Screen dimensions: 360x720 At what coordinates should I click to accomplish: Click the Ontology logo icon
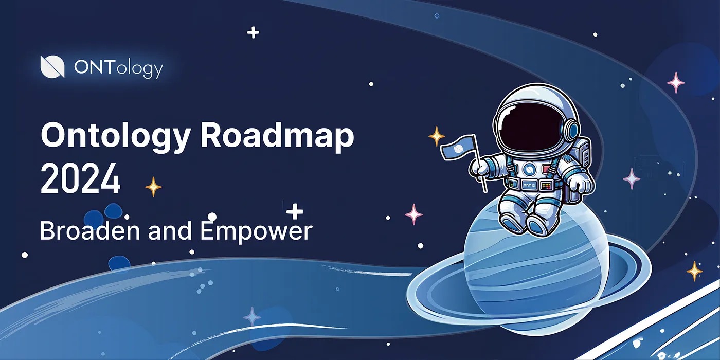[52, 67]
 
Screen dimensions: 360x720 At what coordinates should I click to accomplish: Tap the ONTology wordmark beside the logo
[118, 68]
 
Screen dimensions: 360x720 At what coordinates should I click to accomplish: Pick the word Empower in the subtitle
[256, 231]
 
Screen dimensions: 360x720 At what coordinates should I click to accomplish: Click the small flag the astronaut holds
[457, 150]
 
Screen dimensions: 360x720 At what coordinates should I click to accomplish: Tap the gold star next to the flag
[437, 136]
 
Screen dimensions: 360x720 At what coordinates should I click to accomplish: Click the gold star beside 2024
[153, 187]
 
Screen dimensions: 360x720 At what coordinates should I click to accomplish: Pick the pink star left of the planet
[413, 214]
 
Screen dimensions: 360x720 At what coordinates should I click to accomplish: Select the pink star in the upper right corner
[675, 82]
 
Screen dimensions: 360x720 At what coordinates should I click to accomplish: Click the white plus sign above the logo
[253, 33]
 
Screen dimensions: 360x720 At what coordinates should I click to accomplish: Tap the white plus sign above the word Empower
[294, 211]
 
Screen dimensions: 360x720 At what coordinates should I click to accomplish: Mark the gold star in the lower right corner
[694, 271]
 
